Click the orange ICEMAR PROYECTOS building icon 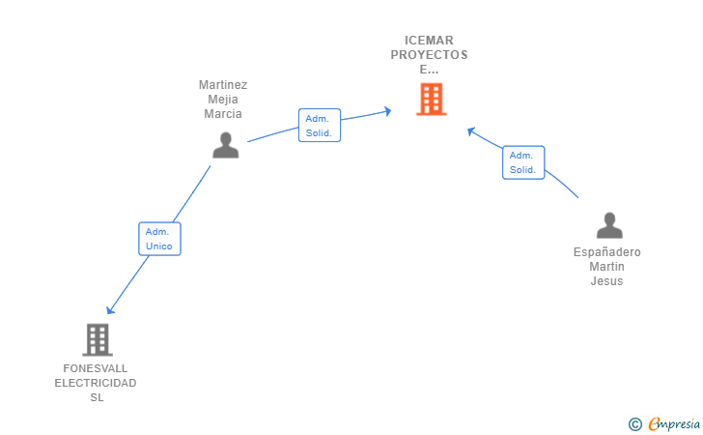click(x=431, y=99)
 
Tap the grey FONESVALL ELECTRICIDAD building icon click(x=97, y=339)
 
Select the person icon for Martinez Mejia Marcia click(x=225, y=145)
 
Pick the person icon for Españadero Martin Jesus click(x=609, y=225)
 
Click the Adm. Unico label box click(x=159, y=239)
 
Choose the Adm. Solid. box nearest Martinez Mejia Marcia click(x=320, y=126)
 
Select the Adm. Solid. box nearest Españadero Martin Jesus click(x=523, y=162)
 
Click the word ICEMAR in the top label click(x=430, y=41)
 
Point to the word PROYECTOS click(x=430, y=55)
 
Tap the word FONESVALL click(x=96, y=368)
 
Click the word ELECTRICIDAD click(x=96, y=383)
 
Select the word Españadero click(x=607, y=252)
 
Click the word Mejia click(x=223, y=99)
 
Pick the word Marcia click(x=223, y=113)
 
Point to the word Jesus click(x=607, y=281)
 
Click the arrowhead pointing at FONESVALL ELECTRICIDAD click(x=110, y=309)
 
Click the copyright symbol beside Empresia click(x=634, y=423)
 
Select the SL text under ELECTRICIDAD click(x=96, y=397)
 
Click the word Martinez click(x=223, y=84)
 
